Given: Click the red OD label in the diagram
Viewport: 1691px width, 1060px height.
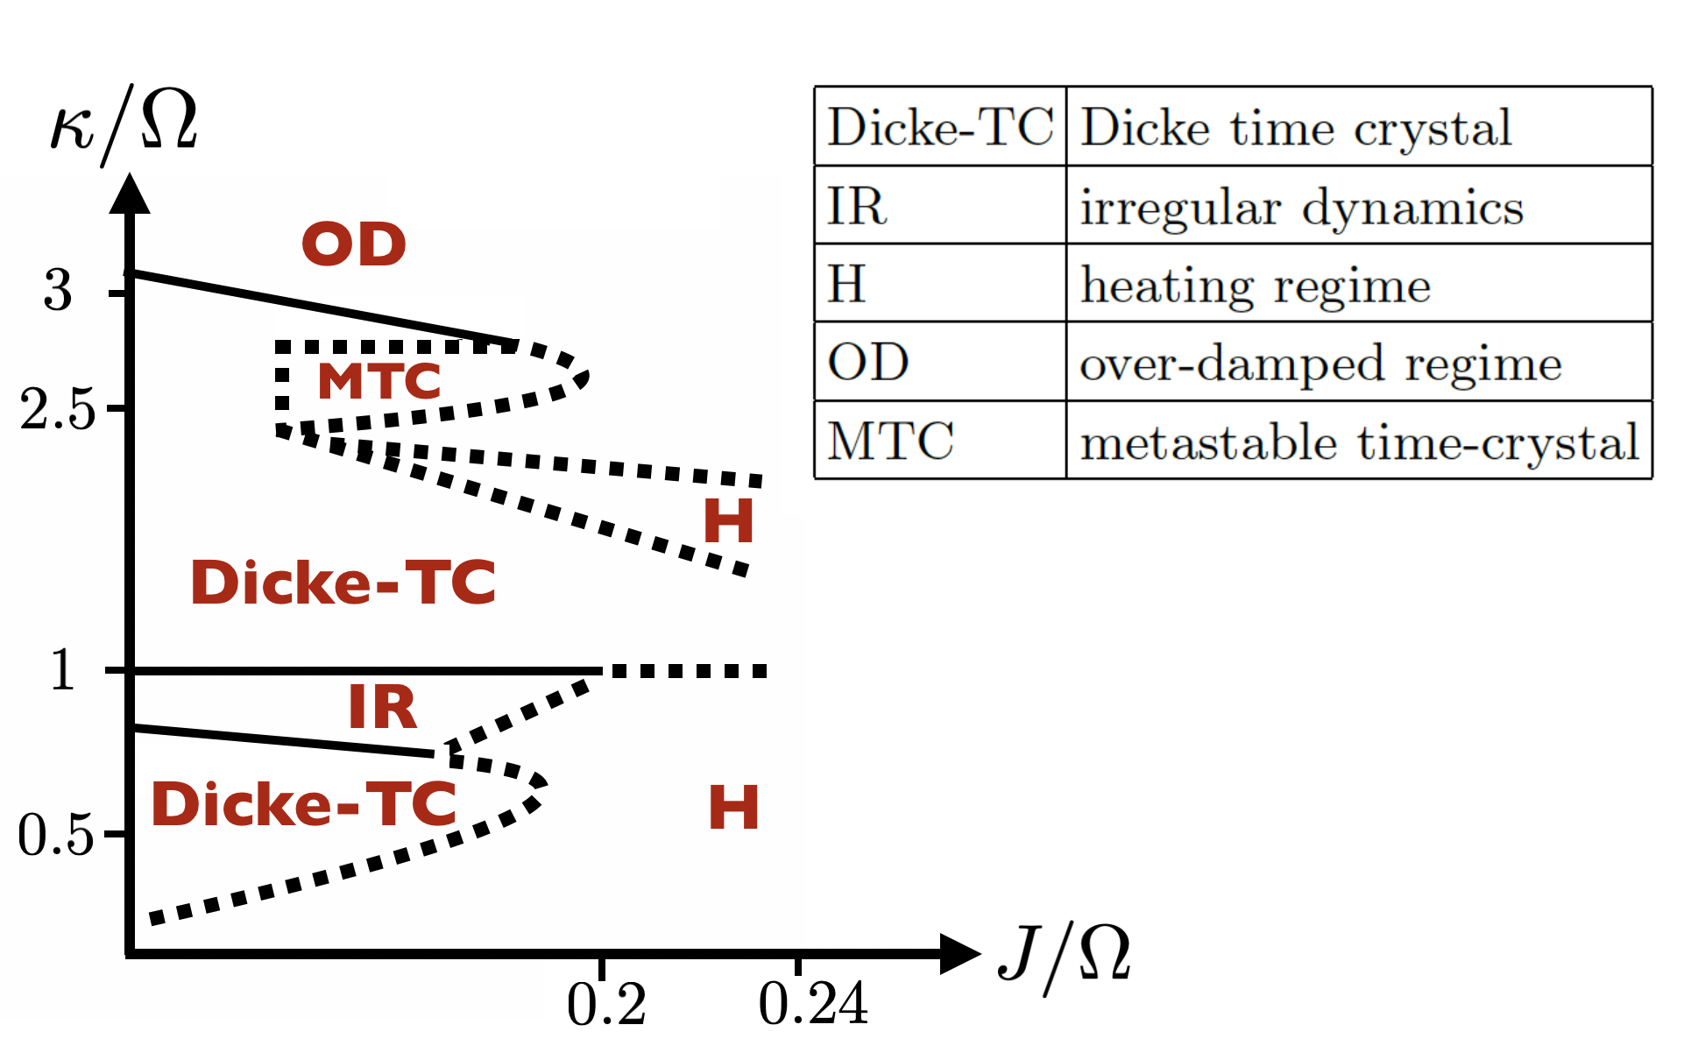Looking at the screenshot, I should [x=354, y=244].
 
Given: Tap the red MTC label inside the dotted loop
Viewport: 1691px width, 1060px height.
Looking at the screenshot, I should [x=379, y=381].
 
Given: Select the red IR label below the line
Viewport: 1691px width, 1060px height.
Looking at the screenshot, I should [x=383, y=707].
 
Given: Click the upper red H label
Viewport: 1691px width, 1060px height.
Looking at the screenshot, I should [x=728, y=521].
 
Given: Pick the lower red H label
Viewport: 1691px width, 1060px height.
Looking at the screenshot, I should [x=733, y=807].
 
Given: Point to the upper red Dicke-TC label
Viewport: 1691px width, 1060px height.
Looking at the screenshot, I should [x=343, y=583].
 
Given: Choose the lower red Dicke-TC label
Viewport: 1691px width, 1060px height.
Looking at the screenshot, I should [x=304, y=804].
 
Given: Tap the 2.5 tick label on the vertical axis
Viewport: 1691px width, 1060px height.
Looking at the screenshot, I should [x=57, y=409].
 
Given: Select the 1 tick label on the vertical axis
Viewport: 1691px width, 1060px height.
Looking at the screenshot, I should [x=61, y=671].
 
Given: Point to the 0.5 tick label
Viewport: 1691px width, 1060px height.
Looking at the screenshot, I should [x=55, y=834].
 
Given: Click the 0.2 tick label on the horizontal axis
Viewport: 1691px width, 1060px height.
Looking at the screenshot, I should [x=606, y=1004].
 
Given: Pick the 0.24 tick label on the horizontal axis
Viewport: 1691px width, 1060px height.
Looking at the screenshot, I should [x=813, y=1004].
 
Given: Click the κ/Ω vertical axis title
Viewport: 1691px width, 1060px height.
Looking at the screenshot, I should [x=124, y=124].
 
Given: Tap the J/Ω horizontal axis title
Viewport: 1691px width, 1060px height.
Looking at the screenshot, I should [x=1065, y=958].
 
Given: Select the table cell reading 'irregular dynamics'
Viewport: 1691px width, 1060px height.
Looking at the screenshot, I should [x=1301, y=208].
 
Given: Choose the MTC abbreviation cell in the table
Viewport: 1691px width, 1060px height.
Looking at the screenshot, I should [x=891, y=441].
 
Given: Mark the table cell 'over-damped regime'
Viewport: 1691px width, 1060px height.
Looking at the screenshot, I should [x=1320, y=364].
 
